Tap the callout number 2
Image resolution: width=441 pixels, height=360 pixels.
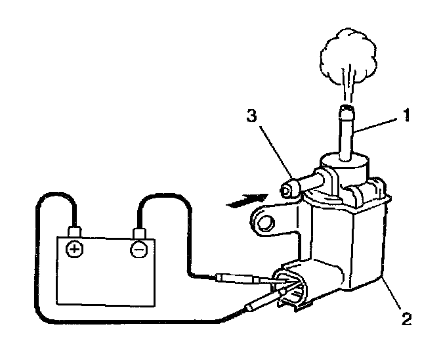pos(408,320)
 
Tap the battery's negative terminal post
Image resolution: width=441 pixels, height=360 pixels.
pos(139,233)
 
